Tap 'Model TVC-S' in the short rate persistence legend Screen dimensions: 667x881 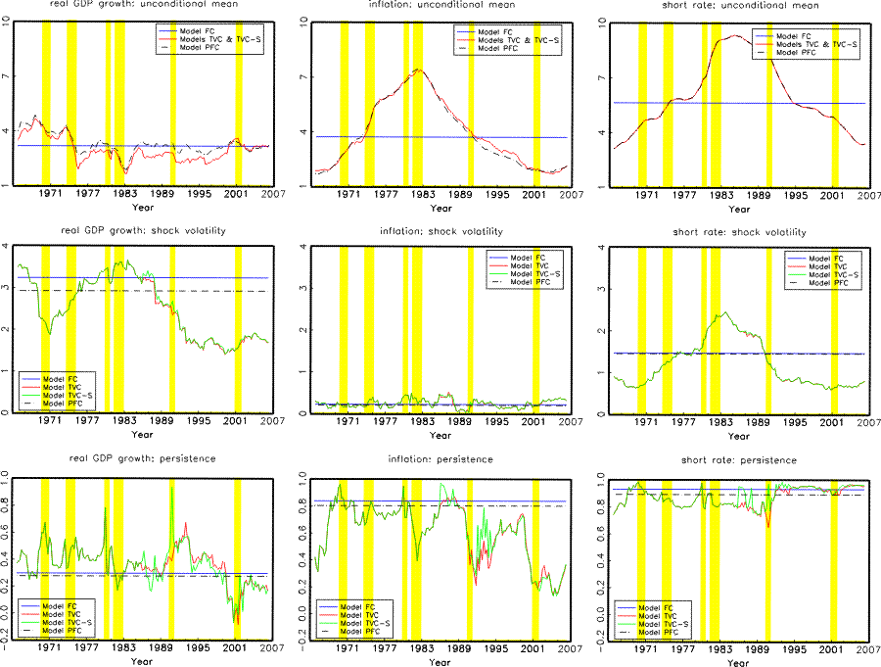coord(666,623)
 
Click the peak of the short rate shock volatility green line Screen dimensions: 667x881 coord(722,313)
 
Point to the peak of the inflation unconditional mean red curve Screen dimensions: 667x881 coord(418,69)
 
